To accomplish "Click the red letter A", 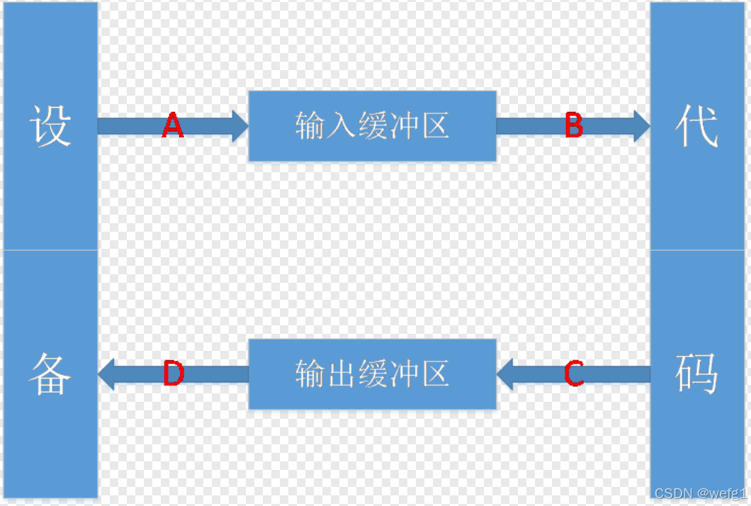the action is pyautogui.click(x=172, y=126).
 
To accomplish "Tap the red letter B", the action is pyautogui.click(x=574, y=126).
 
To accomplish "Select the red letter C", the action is pyautogui.click(x=574, y=373).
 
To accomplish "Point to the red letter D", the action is pyautogui.click(x=173, y=373).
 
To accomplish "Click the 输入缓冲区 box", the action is pyautogui.click(x=372, y=126).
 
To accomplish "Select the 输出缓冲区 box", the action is pyautogui.click(x=372, y=373).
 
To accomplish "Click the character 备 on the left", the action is pyautogui.click(x=50, y=374).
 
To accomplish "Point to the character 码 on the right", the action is pyautogui.click(x=698, y=374).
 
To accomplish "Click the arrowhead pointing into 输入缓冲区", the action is pyautogui.click(x=240, y=126).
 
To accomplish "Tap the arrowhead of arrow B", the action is pyautogui.click(x=642, y=126).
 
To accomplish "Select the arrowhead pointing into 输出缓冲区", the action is pyautogui.click(x=504, y=373).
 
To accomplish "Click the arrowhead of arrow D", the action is pyautogui.click(x=106, y=373).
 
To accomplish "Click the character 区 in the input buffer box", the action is pyautogui.click(x=436, y=126).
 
